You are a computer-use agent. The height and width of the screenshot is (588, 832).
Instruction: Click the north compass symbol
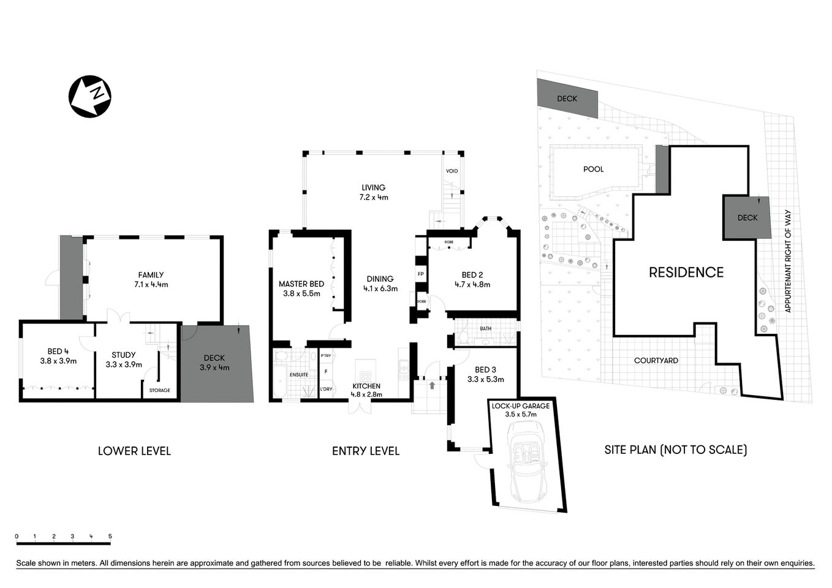89,96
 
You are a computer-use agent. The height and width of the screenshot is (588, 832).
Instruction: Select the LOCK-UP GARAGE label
520,405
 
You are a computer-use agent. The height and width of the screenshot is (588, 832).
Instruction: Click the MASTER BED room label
301,284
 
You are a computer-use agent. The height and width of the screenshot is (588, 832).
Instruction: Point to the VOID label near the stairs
452,171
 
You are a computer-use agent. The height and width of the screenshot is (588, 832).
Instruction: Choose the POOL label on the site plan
593,169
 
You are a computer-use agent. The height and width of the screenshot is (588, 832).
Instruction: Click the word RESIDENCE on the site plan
686,273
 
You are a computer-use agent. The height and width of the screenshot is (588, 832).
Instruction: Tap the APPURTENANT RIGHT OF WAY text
788,262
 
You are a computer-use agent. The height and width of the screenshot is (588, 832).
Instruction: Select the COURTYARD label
656,361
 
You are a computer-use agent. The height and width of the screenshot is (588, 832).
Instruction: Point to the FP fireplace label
420,273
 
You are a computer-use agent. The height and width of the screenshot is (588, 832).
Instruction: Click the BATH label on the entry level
485,329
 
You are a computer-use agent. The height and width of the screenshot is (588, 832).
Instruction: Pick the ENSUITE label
299,374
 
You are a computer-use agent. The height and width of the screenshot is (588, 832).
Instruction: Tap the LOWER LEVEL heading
134,451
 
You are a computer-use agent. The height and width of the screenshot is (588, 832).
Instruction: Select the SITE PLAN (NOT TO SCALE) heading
675,450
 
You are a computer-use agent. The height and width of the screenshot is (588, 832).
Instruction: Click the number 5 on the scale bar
110,537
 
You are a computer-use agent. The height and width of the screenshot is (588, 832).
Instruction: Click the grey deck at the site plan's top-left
567,99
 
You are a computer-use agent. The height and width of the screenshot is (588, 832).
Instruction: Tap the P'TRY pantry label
325,356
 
